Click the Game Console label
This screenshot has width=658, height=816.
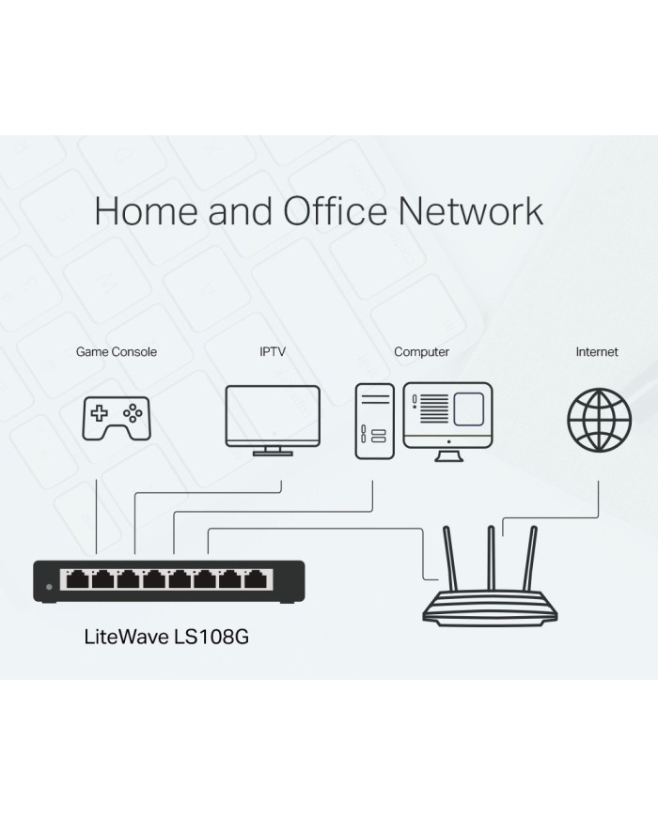[117, 352]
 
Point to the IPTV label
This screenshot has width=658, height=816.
[273, 352]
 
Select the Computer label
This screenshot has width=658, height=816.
[421, 352]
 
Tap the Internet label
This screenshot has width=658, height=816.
[597, 352]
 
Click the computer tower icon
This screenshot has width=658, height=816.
[373, 421]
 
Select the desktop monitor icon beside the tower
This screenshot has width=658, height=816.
[447, 416]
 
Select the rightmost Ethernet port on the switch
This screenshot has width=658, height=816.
[254, 578]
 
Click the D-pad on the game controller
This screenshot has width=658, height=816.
[98, 410]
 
